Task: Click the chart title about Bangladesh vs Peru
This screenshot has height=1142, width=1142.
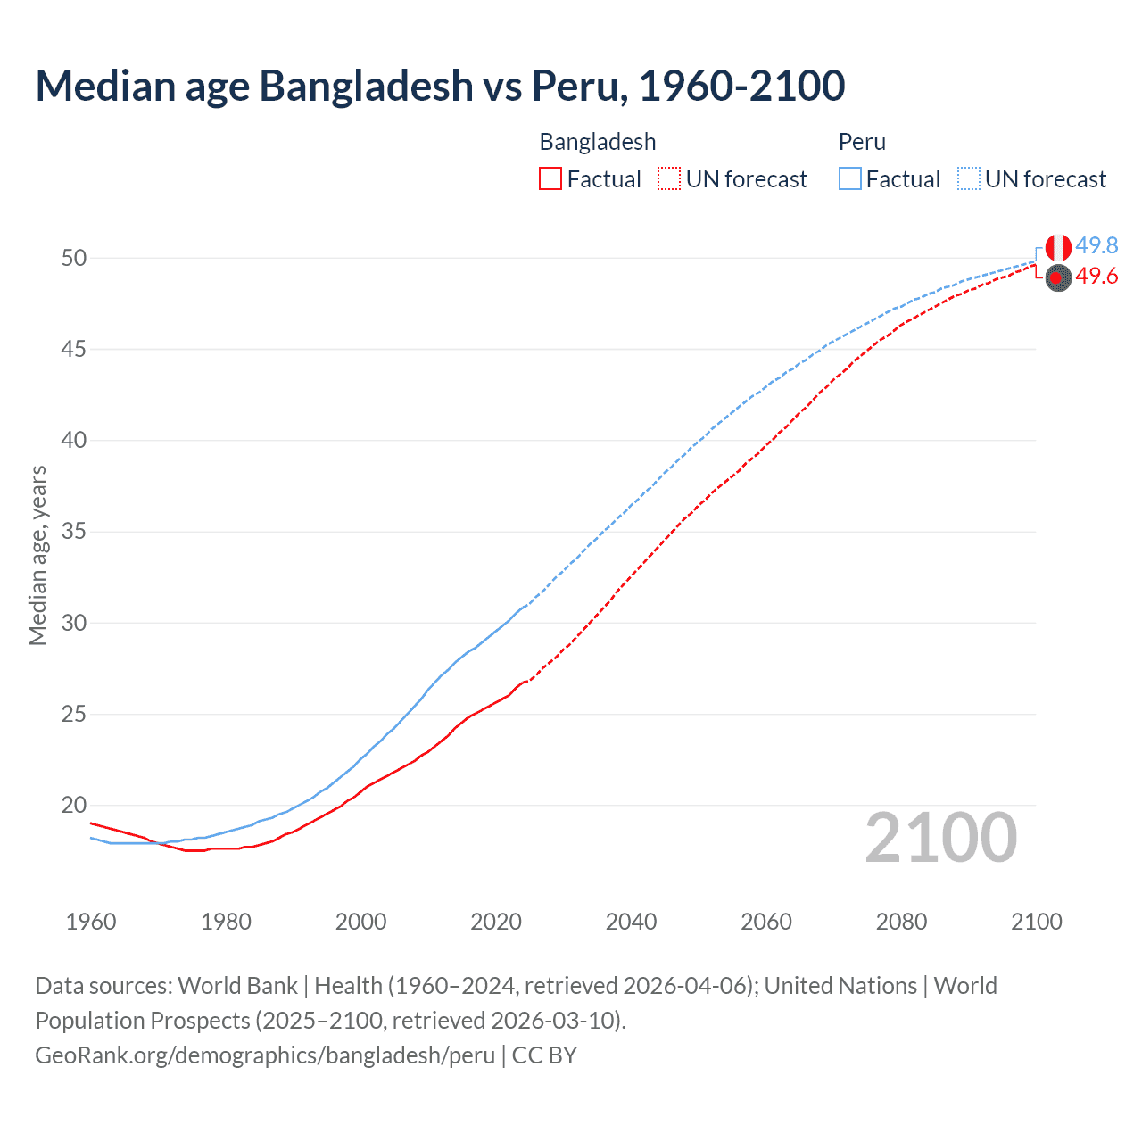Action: (x=440, y=86)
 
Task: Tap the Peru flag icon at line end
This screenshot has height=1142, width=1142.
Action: (x=1058, y=247)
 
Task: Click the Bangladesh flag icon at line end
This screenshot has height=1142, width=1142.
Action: (x=1058, y=278)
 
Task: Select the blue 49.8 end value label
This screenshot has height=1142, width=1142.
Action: (x=1096, y=245)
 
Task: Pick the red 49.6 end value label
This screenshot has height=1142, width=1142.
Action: (x=1096, y=277)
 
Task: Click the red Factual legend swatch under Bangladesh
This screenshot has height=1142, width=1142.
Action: (x=550, y=179)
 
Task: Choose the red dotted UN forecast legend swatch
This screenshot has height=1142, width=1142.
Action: (x=669, y=179)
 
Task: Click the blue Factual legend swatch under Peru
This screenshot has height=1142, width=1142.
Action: (x=849, y=179)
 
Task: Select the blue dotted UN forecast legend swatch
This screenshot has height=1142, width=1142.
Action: (x=968, y=179)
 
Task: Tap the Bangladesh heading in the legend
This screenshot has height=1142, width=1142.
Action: (x=598, y=142)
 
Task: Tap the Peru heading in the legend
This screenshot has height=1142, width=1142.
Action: (x=862, y=142)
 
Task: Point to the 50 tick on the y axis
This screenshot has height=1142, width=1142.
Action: (x=74, y=258)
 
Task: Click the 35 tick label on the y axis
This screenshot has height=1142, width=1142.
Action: (x=74, y=532)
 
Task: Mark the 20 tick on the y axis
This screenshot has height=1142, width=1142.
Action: (x=74, y=805)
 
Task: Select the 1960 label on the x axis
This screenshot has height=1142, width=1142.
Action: (x=91, y=922)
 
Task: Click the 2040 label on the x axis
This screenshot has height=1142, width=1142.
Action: (x=631, y=922)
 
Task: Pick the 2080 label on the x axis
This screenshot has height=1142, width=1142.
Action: (x=901, y=922)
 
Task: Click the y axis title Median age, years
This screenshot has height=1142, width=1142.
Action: (x=37, y=555)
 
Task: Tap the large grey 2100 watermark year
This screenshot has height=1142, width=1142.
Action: (x=941, y=837)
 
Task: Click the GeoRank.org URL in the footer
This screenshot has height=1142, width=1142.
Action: (x=265, y=1055)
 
